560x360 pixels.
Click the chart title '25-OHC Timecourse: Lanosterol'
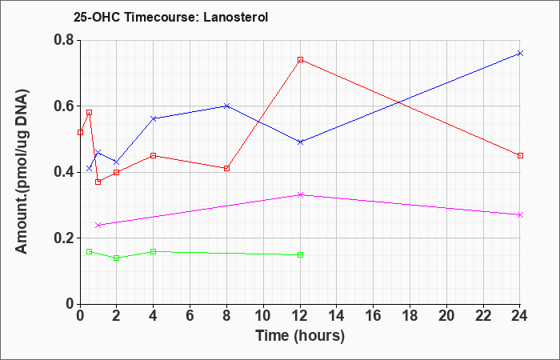coord(170,17)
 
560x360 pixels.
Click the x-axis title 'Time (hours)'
coord(300,336)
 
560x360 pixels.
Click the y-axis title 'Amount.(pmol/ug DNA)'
coord(22,172)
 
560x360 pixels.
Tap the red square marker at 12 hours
coord(300,60)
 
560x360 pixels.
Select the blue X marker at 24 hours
coord(520,54)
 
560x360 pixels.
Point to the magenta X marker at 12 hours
coord(300,194)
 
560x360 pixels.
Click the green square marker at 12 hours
coord(300,254)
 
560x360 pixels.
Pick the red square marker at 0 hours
coord(80,133)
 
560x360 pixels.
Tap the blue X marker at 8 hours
coord(226,106)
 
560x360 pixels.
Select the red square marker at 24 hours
coord(520,156)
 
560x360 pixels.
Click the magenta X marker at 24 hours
coord(520,214)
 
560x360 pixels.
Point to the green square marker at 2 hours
coord(117,258)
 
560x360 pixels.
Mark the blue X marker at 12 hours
coord(300,142)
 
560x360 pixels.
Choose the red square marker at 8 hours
coord(226,168)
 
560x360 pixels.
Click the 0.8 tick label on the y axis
coord(64,40)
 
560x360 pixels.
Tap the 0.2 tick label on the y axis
coord(64,238)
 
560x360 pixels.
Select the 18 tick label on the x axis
coord(410,316)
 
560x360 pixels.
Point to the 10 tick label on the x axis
coord(263,316)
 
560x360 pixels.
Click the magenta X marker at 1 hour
coord(98,225)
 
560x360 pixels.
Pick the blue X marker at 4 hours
coord(154,118)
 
